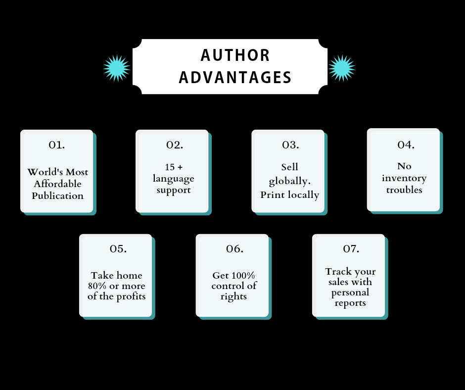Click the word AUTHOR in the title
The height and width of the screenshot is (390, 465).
235,55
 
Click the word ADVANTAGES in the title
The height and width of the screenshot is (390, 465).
235,78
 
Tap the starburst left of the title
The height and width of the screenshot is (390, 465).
117,68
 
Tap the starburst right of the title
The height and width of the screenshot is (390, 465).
342,68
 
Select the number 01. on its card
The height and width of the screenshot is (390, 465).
57,145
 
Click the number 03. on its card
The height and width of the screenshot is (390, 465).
290,145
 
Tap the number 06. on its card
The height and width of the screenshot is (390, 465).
235,248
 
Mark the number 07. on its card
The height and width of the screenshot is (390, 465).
351,248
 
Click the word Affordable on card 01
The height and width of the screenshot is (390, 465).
58,184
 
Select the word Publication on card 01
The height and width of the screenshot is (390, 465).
58,195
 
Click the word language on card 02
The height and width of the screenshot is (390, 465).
173,179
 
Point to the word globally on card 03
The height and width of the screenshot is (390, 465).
289,181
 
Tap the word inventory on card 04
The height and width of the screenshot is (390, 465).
404,178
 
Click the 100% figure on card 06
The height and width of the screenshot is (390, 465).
244,276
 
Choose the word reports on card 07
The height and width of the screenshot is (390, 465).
350,303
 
